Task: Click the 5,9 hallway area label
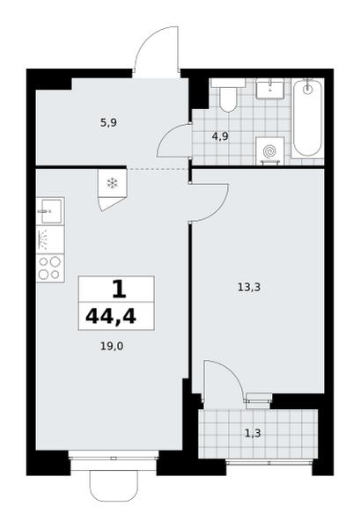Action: [x=108, y=123]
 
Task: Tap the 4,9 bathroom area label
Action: [x=220, y=136]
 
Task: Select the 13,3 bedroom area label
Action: [x=249, y=288]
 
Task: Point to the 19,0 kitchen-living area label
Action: [x=112, y=346]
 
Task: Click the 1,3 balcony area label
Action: [x=253, y=433]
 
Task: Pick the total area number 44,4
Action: [x=111, y=317]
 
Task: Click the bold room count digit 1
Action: [x=119, y=290]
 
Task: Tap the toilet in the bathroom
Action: [x=228, y=96]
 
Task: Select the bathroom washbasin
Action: [x=269, y=89]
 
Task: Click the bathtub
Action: [x=307, y=118]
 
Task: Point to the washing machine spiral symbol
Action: [x=269, y=151]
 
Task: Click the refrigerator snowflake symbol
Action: [x=112, y=184]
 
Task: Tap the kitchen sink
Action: [x=50, y=211]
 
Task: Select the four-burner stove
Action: [x=50, y=268]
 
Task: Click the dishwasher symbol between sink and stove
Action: [x=50, y=239]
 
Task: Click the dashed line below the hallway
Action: [x=157, y=168]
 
